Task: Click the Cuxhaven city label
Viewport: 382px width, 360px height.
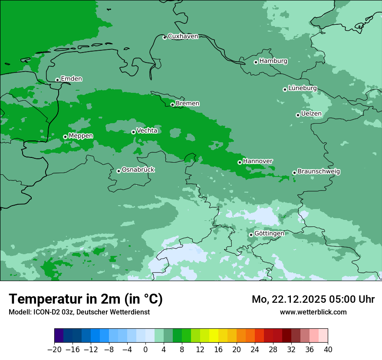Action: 183,36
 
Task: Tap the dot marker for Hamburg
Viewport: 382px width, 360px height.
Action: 256,62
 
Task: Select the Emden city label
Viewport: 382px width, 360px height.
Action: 71,79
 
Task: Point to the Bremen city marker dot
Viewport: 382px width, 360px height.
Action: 172,105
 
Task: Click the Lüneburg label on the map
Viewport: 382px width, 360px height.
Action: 303,88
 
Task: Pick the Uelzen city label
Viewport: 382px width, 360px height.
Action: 311,114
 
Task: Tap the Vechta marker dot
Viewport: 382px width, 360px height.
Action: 133,132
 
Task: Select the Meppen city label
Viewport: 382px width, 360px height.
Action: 81,136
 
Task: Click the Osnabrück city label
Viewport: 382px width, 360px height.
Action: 138,170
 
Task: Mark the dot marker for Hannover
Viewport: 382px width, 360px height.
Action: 240,162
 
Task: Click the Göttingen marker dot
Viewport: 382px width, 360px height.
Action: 251,235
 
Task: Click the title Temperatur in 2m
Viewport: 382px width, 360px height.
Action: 86,299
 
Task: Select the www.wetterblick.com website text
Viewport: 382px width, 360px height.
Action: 313,312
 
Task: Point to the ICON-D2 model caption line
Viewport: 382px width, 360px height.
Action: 79,312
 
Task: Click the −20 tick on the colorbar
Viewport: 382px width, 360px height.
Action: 54,350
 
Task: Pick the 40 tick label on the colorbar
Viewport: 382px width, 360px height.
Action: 328,350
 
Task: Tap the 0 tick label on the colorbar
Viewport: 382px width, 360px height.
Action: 145,350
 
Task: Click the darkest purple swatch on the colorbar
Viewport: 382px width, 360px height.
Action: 59,336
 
